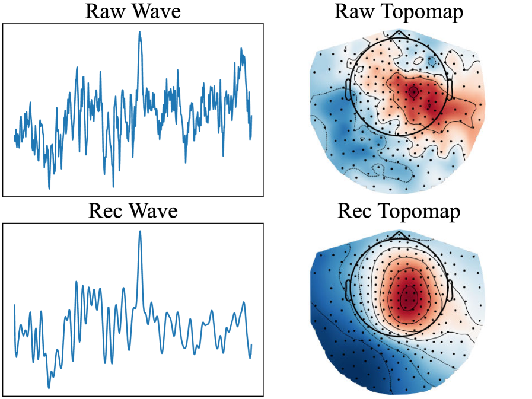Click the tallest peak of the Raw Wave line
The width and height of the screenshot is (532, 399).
(x=140, y=32)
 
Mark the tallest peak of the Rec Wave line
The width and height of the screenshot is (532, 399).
(x=140, y=232)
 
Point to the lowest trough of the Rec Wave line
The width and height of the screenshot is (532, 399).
(x=49, y=388)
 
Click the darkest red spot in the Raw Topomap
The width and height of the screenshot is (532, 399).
(x=413, y=92)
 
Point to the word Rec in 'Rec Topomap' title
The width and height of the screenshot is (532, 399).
(x=356, y=212)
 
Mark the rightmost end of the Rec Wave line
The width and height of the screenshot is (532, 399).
(x=251, y=344)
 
